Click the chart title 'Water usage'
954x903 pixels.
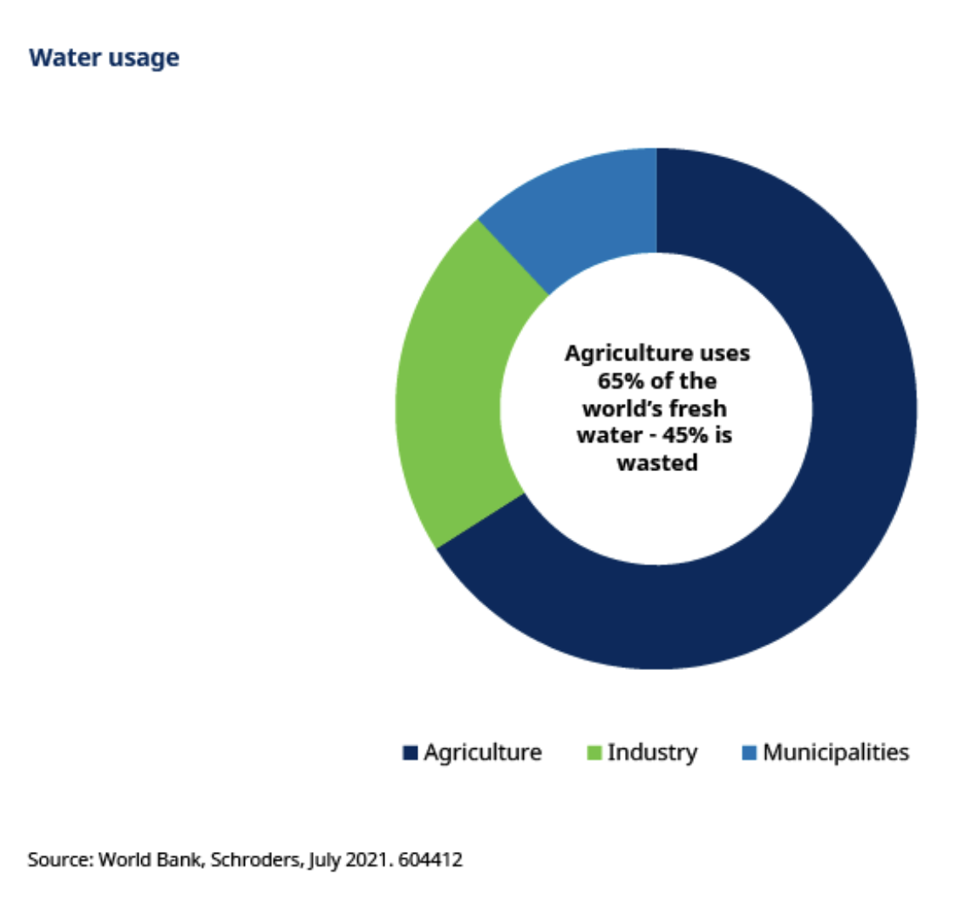tap(104, 59)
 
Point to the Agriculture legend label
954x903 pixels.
tap(482, 752)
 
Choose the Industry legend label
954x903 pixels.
tap(652, 752)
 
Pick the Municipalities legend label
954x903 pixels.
tap(836, 752)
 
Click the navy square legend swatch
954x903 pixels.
tap(411, 753)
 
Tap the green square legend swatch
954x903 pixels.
tap(593, 753)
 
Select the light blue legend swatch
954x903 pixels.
tap(749, 753)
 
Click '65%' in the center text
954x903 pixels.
tap(612, 380)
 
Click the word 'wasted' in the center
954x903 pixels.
tap(656, 463)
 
